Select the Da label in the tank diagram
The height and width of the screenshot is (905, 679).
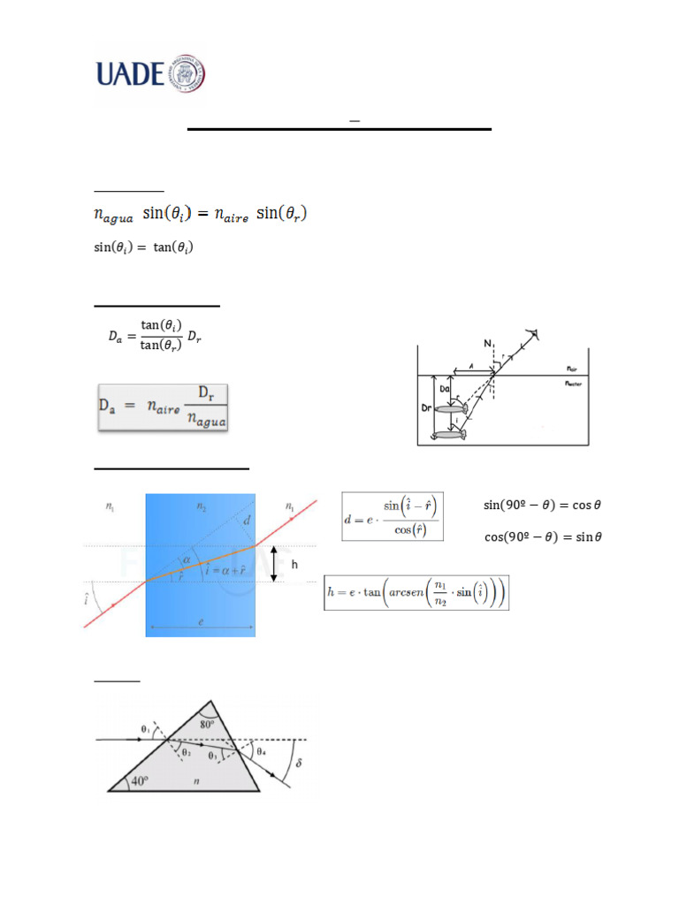tap(445, 389)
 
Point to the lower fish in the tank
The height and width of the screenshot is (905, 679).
tap(449, 434)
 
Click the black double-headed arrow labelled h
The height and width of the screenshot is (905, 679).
tap(273, 564)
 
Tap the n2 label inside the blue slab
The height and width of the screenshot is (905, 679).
tap(201, 506)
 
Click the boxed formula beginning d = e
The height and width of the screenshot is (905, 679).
tap(392, 515)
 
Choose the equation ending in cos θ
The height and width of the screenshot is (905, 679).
tap(543, 506)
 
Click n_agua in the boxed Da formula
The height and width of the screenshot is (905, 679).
tap(208, 422)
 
